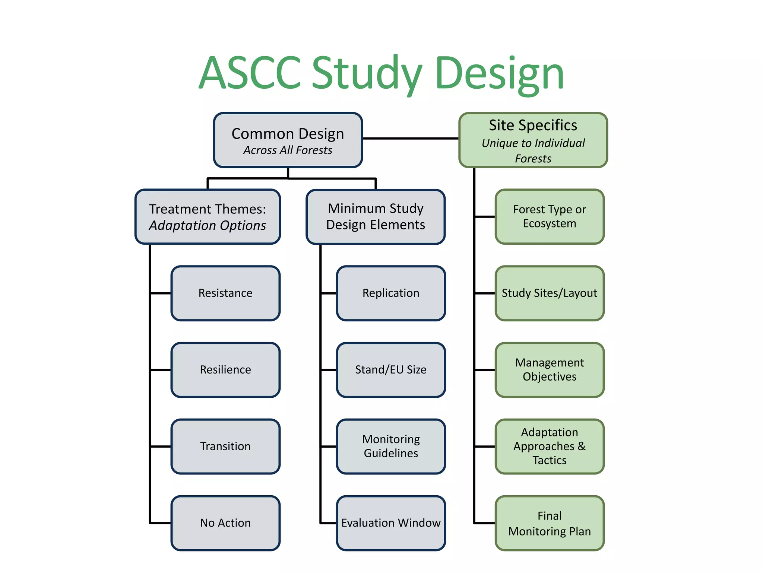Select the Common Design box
pyautogui.click(x=288, y=134)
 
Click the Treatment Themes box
pyautogui.click(x=208, y=217)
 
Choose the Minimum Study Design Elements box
pyautogui.click(x=376, y=217)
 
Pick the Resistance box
pyautogui.click(x=225, y=293)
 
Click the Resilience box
pyautogui.click(x=225, y=370)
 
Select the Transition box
pyautogui.click(x=225, y=447)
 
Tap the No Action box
pyautogui.click(x=225, y=523)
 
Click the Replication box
pyautogui.click(x=391, y=293)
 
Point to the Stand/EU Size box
pyautogui.click(x=391, y=370)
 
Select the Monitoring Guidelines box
pyautogui.click(x=391, y=447)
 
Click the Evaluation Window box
pyautogui.click(x=391, y=523)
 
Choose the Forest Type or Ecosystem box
pyautogui.click(x=550, y=217)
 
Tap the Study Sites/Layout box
pyautogui.click(x=550, y=293)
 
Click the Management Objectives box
pyautogui.click(x=550, y=370)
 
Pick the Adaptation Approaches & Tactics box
pyautogui.click(x=550, y=447)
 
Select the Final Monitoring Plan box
pyautogui.click(x=550, y=523)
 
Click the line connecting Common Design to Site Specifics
pyautogui.click(x=410, y=139)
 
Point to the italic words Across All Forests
pyautogui.click(x=288, y=150)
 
